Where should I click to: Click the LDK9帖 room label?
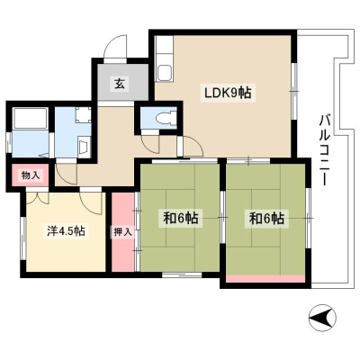point(228,94)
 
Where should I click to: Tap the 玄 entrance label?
point(120,84)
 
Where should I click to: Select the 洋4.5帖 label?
point(66,230)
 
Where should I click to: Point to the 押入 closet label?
point(122,232)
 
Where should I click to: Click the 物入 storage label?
point(31,175)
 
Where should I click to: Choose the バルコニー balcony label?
point(324,149)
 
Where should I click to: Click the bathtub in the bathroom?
point(31,118)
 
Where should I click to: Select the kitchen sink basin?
point(165,73)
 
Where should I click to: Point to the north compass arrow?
point(322,318)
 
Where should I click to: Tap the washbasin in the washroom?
point(83,146)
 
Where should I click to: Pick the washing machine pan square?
point(83,115)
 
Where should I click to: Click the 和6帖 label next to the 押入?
point(181,218)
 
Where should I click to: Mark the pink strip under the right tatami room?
point(265,279)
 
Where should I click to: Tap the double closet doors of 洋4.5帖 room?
point(38,197)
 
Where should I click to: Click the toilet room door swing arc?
point(149,145)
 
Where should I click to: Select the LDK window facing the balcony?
point(294,91)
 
